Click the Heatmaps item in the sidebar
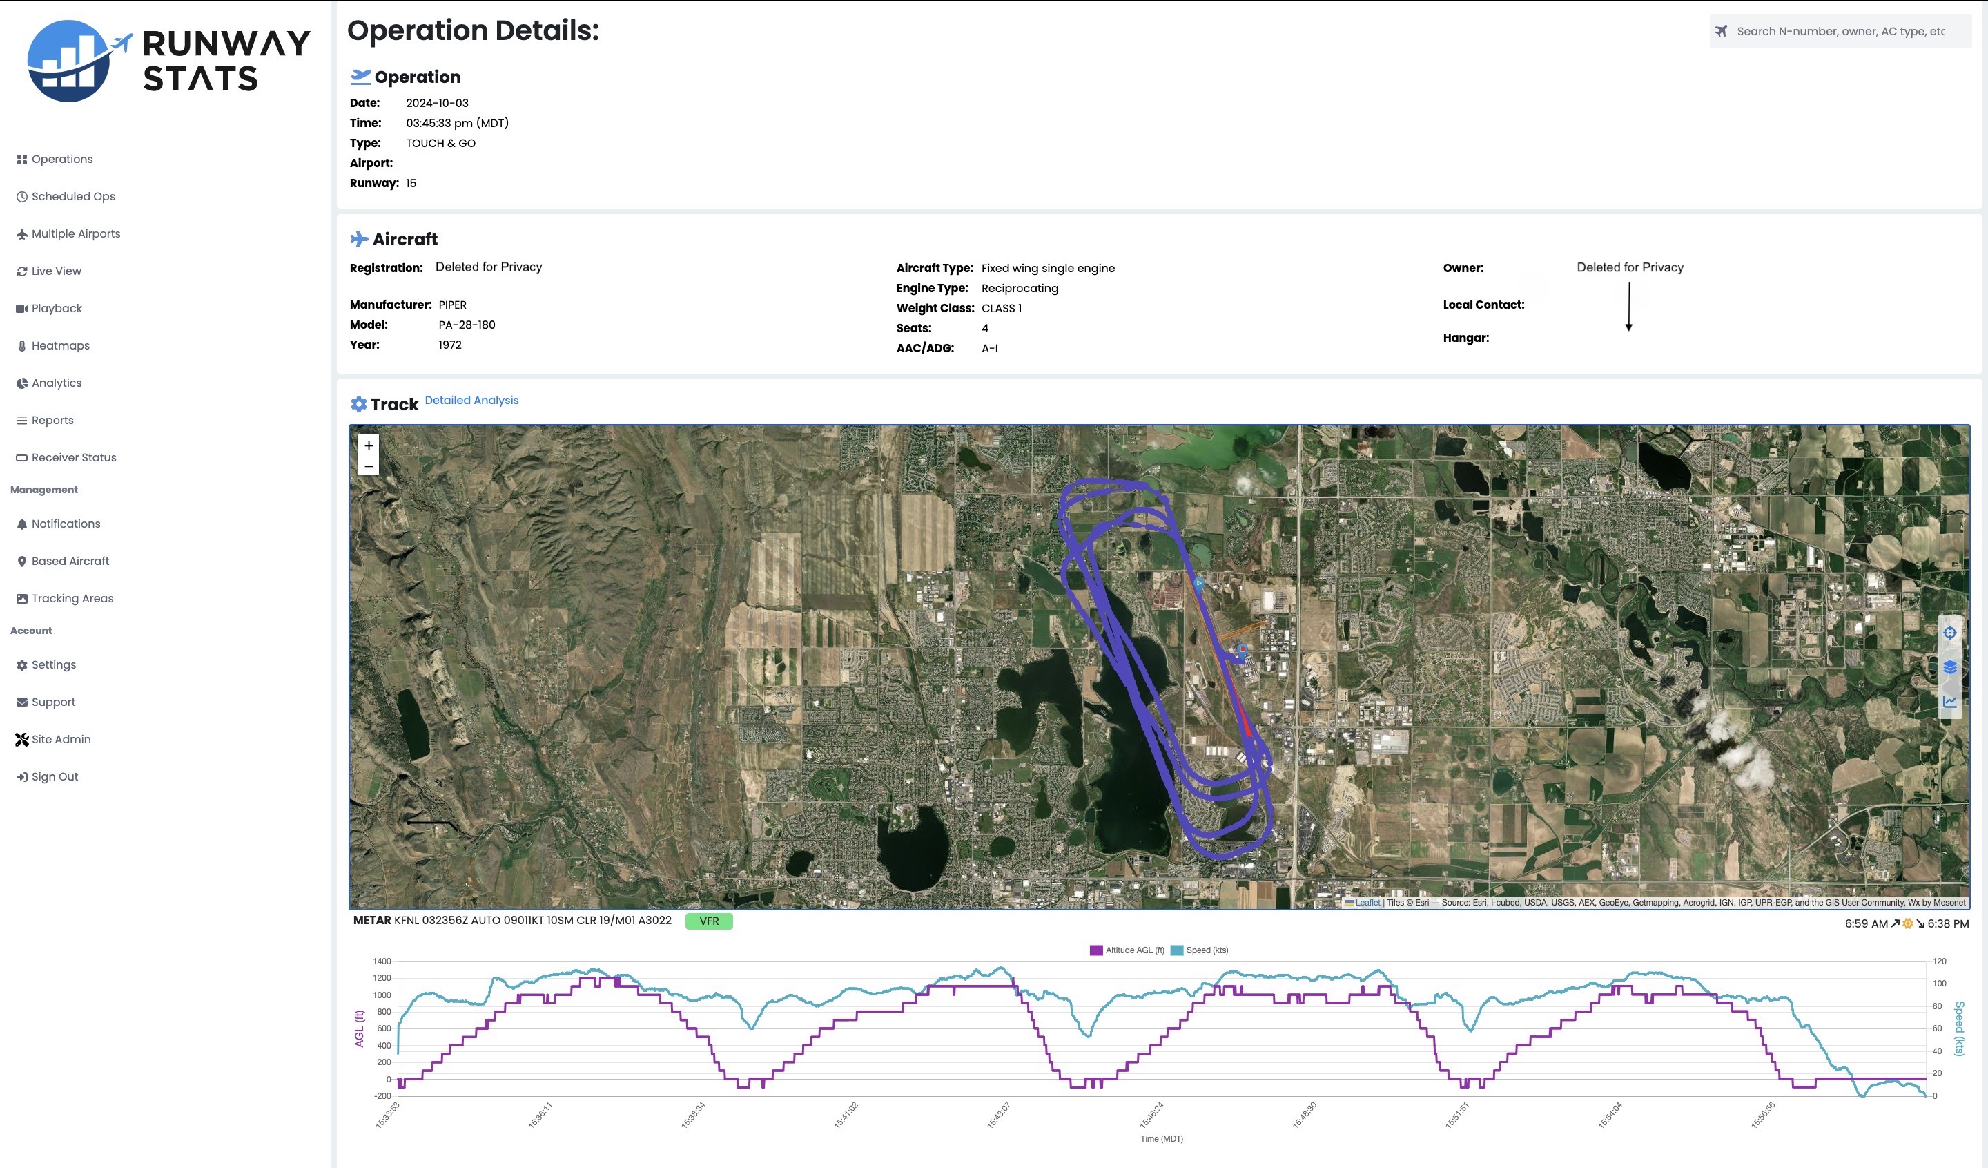pyautogui.click(x=60, y=345)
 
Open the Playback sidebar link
pyautogui.click(x=56, y=309)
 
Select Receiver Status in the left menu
pyautogui.click(x=73, y=458)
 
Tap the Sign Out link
pyautogui.click(x=55, y=776)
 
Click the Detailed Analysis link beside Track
pyautogui.click(x=471, y=400)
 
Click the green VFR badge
pyautogui.click(x=708, y=921)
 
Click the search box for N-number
pyautogui.click(x=1839, y=32)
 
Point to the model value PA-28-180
pyautogui.click(x=466, y=325)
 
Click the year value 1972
pyautogui.click(x=449, y=345)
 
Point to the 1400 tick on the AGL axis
pyautogui.click(x=382, y=961)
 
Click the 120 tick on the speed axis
pyautogui.click(x=1939, y=961)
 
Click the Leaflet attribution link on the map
pyautogui.click(x=1367, y=903)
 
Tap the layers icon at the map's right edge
pyautogui.click(x=1949, y=668)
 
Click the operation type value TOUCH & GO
pyautogui.click(x=440, y=144)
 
